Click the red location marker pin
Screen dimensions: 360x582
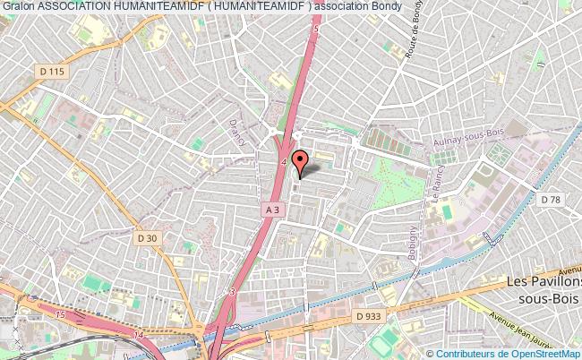[301, 162]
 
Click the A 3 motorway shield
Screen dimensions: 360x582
[273, 209]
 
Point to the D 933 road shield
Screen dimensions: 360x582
[368, 315]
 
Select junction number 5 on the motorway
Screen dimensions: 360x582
[316, 29]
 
